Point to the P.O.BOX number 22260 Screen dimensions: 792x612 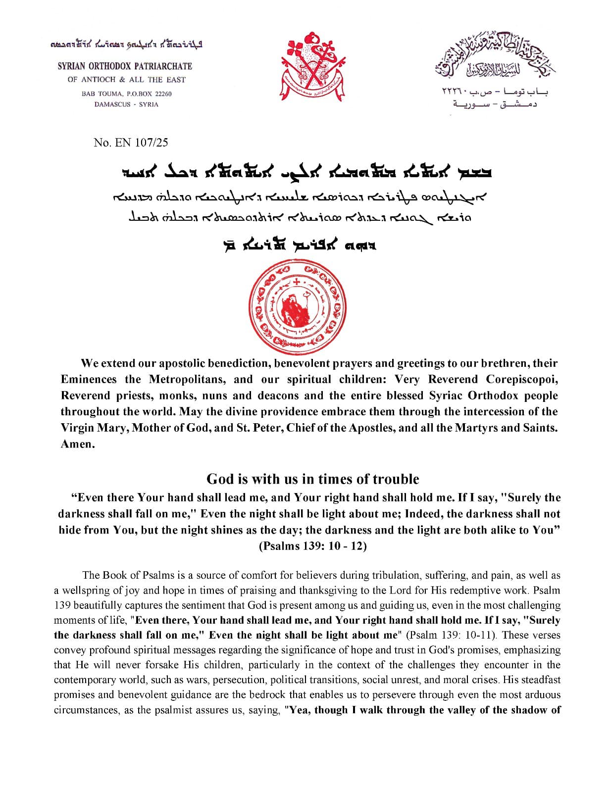[163, 94]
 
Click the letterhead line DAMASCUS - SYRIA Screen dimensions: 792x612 [126, 104]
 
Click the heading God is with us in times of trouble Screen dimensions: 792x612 [312, 479]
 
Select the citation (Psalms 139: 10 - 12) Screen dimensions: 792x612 [312, 546]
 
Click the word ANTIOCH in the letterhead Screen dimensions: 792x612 [99, 80]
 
